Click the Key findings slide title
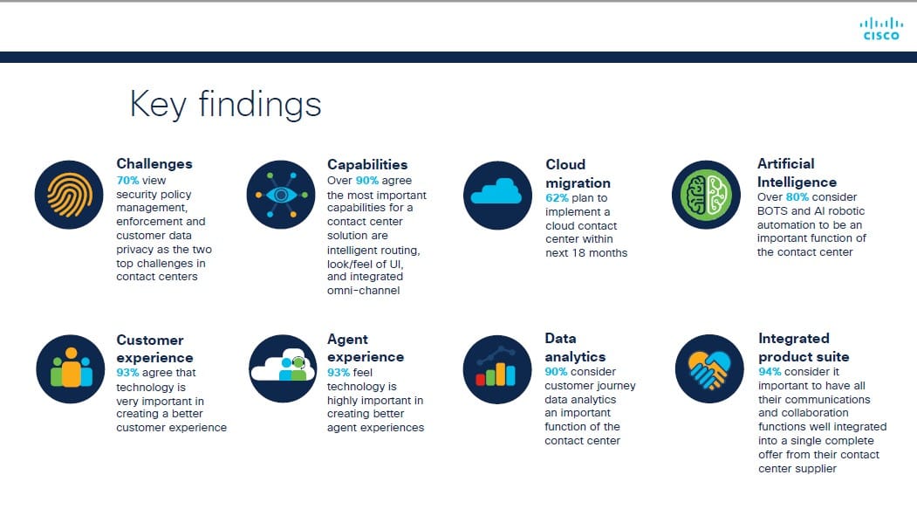click(x=225, y=105)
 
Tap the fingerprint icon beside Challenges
click(x=69, y=195)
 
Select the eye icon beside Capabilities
click(x=281, y=195)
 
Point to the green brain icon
click(x=707, y=195)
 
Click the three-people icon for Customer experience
click(x=71, y=368)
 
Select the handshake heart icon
click(x=709, y=368)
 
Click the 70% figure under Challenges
click(x=127, y=180)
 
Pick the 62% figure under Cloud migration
click(x=557, y=197)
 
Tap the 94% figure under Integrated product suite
click(x=770, y=371)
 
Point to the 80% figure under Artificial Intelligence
click(x=797, y=197)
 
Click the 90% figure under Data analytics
click(x=556, y=371)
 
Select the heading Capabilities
click(x=367, y=164)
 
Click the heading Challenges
click(x=154, y=164)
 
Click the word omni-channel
click(x=363, y=290)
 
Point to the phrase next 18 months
click(x=586, y=252)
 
